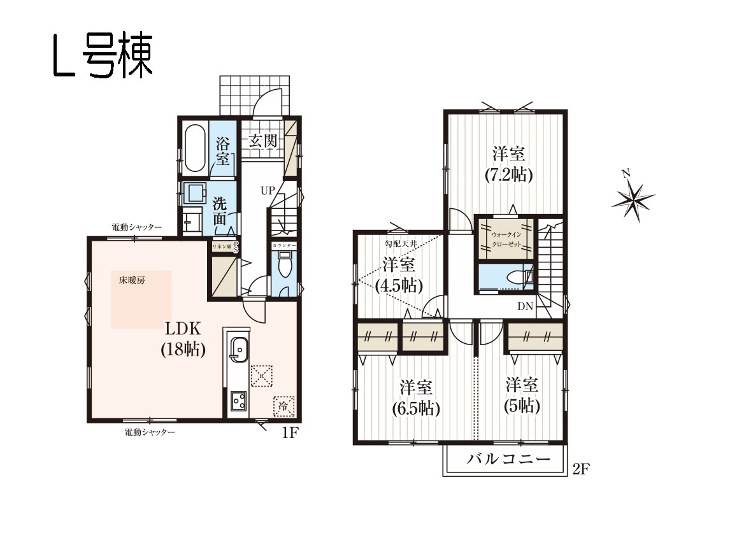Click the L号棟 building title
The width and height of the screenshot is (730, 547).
coord(103,56)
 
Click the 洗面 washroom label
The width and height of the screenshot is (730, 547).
coord(220,211)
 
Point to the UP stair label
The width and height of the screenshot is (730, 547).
coord(268,190)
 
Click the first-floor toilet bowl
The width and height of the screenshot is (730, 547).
coord(283,266)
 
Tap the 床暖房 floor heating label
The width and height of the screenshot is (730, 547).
coord(132,280)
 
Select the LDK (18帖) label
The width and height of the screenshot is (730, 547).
coord(183,338)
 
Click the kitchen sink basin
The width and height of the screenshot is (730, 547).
coord(239,349)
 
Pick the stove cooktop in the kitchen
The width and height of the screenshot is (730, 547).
coord(240,401)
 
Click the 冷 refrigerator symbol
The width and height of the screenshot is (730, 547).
coord(283,406)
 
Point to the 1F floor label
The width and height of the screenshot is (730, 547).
coord(290,433)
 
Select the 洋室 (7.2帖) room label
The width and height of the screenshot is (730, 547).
coord(509,164)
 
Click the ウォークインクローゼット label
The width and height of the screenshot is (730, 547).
coord(506,239)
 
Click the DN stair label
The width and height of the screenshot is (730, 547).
coord(525,306)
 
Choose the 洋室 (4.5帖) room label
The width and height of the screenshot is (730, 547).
coord(399,274)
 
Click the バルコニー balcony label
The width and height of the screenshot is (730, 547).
coord(509,459)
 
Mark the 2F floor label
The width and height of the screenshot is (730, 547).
coord(580,469)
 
